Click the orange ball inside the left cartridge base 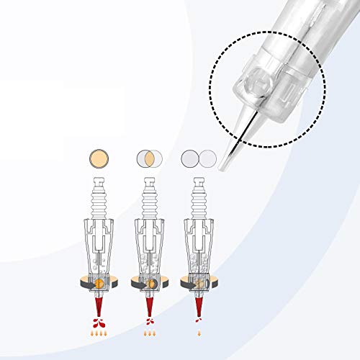(x=101, y=282)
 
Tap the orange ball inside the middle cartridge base (x=152, y=283)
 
